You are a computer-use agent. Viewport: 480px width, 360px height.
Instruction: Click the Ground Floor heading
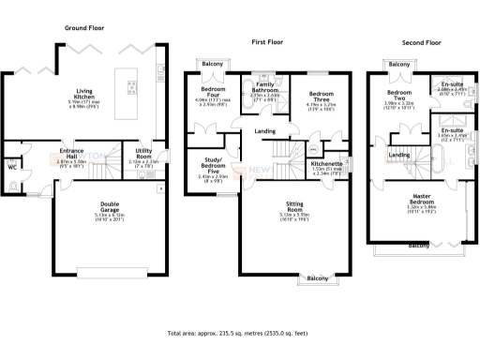point(82,29)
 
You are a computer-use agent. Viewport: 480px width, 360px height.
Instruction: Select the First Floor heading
point(268,43)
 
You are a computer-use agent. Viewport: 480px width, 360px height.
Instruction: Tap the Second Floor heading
point(421,43)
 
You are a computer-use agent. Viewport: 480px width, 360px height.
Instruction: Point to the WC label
point(12,168)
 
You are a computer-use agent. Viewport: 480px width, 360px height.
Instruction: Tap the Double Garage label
point(110,207)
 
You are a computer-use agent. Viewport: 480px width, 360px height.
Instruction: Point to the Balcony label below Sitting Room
point(317,278)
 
